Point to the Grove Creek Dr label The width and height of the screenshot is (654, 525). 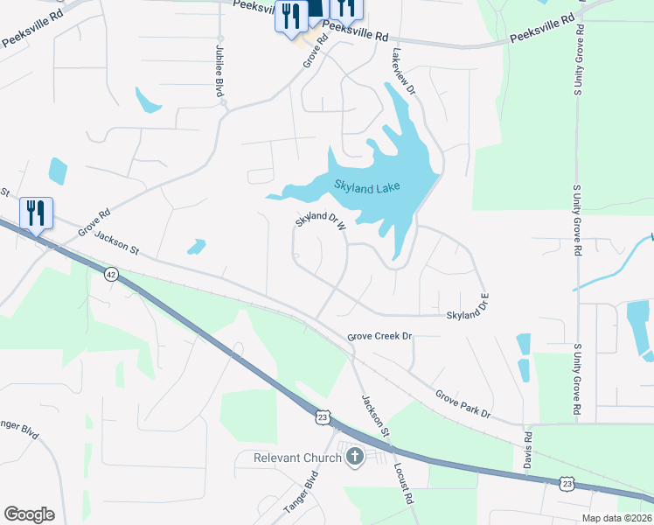coord(379,335)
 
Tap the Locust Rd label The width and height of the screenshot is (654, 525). coord(402,482)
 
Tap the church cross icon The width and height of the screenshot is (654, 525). coord(355,456)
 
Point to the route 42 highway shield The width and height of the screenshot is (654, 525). coord(110,274)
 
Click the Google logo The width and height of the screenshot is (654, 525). coord(29,514)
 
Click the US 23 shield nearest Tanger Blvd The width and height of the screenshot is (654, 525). coord(324,418)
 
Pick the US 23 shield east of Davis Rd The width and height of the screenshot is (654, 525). coord(567,483)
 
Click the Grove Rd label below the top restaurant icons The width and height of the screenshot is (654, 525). coord(314,52)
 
